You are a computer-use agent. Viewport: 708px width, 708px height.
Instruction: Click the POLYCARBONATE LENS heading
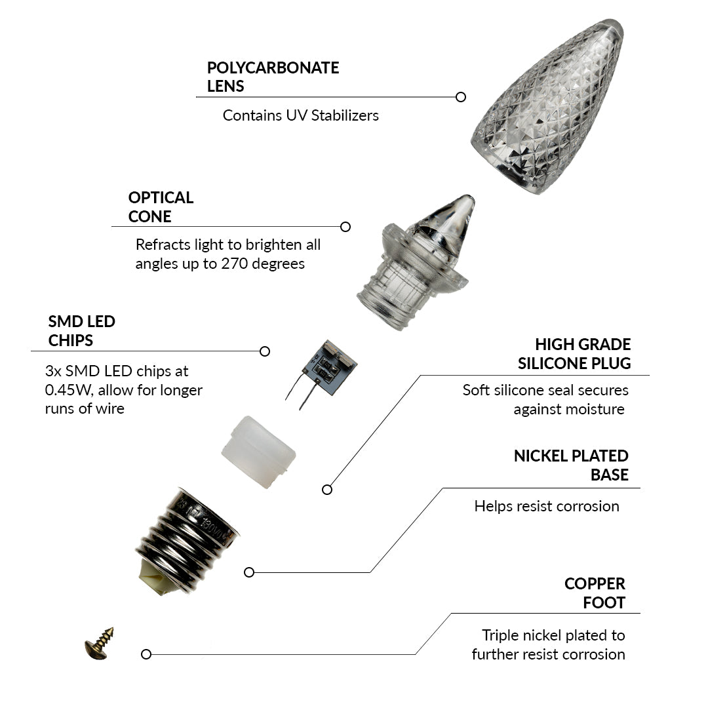point(273,77)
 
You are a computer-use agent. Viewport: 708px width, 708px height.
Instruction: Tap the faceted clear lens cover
point(547,108)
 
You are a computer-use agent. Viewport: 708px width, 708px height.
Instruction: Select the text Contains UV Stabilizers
point(300,115)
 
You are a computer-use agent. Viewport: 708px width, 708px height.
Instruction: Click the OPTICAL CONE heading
point(161,206)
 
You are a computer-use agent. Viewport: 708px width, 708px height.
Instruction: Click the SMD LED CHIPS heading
point(81,331)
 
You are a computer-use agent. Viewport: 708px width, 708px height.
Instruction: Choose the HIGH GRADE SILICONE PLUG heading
point(574,353)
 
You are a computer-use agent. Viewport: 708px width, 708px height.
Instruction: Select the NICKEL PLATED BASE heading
point(571,465)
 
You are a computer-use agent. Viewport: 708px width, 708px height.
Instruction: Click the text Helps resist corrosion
point(547,506)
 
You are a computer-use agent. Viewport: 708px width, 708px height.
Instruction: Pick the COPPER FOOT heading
point(595,593)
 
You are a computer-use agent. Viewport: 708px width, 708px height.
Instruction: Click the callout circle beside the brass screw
point(146,654)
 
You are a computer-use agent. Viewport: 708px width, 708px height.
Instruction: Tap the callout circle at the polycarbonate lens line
point(461,97)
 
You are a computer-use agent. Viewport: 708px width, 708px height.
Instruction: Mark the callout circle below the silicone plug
point(327,489)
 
